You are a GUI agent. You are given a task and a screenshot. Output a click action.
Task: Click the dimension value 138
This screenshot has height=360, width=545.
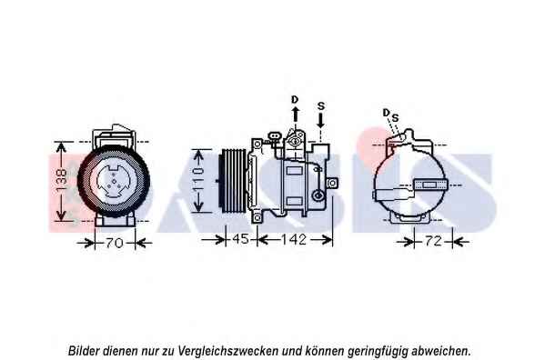[61, 180]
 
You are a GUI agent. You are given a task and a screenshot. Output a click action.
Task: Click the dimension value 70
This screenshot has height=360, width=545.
[115, 243]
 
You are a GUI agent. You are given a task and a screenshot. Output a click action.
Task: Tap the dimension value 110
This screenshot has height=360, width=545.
[197, 180]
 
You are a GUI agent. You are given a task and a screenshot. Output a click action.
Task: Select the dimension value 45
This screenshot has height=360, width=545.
[240, 239]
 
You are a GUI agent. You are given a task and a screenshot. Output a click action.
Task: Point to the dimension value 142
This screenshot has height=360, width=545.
[294, 239]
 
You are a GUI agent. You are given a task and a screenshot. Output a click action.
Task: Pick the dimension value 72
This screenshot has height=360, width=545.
[433, 241]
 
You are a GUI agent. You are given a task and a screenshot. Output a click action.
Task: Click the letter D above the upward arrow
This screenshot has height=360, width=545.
[295, 100]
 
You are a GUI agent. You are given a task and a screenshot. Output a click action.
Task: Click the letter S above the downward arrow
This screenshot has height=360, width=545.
[321, 105]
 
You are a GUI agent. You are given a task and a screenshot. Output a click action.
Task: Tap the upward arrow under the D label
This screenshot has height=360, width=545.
[296, 114]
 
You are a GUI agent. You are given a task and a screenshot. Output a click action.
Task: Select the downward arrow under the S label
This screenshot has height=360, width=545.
[320, 121]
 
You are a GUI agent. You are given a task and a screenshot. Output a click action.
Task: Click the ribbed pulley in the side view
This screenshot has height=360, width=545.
[234, 180]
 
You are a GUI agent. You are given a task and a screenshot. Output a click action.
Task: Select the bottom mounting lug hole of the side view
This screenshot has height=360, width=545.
[257, 218]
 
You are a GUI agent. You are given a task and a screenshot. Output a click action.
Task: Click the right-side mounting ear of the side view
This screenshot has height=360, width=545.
[333, 183]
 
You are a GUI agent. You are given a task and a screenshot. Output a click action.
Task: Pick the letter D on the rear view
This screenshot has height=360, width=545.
[386, 113]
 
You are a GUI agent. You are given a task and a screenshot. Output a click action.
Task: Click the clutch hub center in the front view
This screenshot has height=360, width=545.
[114, 182]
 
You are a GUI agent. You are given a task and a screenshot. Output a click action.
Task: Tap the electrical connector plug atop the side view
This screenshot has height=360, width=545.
[274, 135]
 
